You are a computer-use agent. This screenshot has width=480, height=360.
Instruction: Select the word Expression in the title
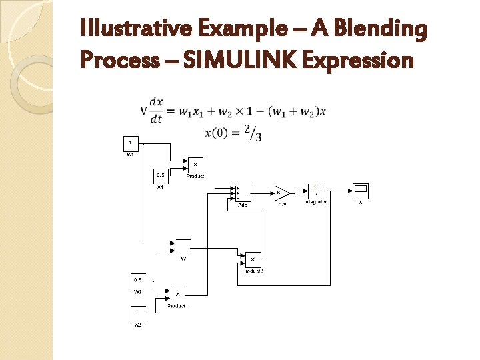pos(358,61)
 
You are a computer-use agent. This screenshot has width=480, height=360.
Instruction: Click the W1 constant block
pos(130,143)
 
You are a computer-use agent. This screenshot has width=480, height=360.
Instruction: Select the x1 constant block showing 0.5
pos(161,175)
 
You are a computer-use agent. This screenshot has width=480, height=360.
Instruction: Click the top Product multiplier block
pos(195,165)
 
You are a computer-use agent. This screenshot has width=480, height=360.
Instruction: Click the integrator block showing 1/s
pos(316,192)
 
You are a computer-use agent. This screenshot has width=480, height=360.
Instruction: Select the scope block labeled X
pos(361,192)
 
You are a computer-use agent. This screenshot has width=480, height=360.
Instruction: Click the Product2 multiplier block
pos(253,259)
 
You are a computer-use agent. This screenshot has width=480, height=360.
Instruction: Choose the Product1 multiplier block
pos(178,294)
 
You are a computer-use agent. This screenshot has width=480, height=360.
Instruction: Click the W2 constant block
pos(138,280)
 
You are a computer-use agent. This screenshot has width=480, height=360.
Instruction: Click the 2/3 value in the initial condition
pos(253,133)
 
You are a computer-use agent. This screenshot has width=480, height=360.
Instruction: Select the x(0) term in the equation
pos(218,133)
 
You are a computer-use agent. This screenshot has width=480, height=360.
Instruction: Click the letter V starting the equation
pos(143,110)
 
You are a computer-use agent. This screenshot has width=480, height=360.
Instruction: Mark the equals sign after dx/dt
pos(170,111)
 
